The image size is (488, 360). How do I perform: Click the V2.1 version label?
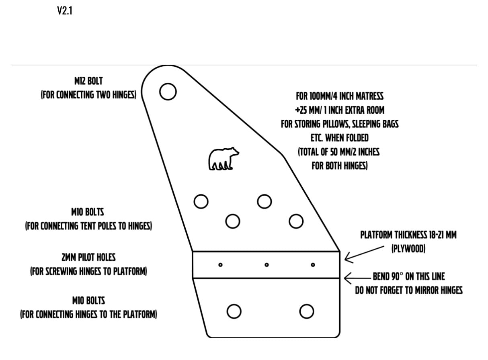click(x=65, y=10)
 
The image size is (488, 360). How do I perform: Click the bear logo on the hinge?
click(x=223, y=159)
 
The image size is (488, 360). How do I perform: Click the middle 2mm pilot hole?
click(x=267, y=265)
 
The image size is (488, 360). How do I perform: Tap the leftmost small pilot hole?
click(x=220, y=265)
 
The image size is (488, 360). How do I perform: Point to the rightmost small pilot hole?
click(x=313, y=265)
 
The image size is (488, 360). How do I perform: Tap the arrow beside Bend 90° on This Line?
click(x=358, y=278)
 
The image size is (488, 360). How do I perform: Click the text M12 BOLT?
click(x=88, y=81)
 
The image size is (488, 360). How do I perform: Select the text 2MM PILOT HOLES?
click(x=88, y=257)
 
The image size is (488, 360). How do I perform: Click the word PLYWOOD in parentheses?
click(x=408, y=249)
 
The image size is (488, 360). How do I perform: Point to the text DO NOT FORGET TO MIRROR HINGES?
click(x=409, y=290)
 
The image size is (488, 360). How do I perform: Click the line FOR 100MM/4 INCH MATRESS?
click(x=340, y=96)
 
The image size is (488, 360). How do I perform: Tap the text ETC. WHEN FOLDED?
click(x=340, y=138)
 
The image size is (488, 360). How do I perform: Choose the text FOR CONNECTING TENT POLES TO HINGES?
click(x=88, y=226)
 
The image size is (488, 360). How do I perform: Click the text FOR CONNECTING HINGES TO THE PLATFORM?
click(x=88, y=315)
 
